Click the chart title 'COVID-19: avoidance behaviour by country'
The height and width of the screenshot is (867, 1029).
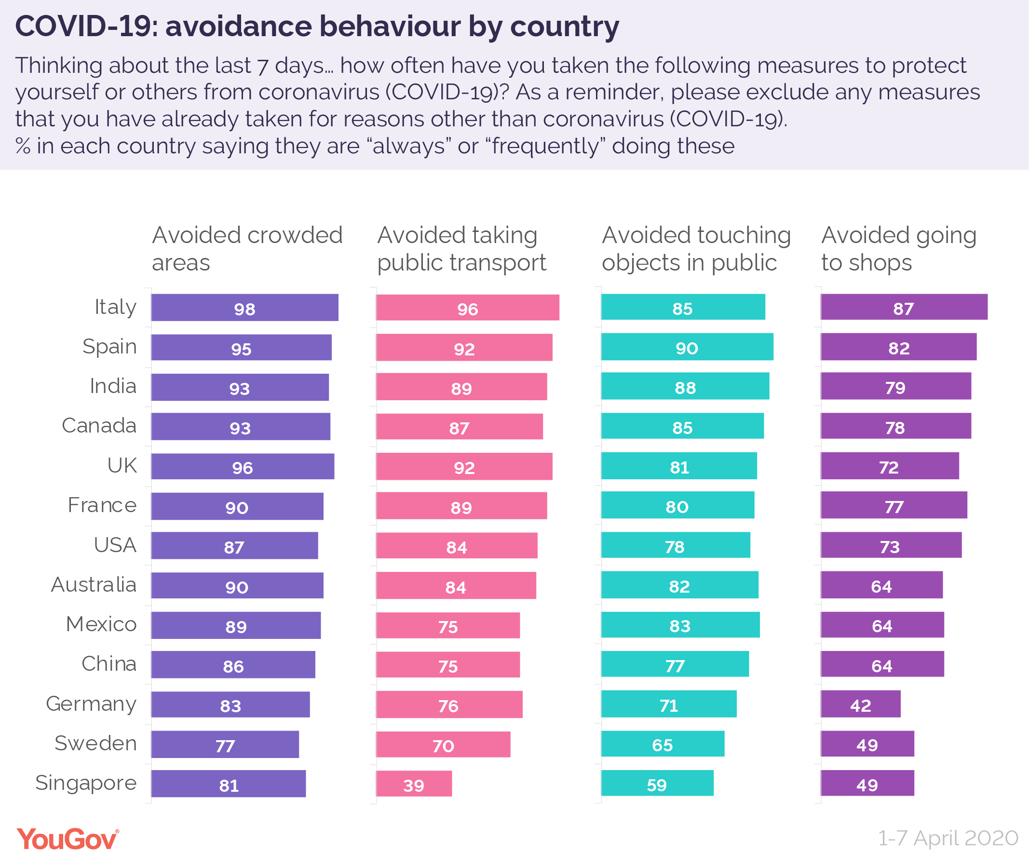click(x=317, y=26)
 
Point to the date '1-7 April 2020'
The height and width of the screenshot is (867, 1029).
click(x=948, y=838)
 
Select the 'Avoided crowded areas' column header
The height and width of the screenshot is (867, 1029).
click(x=247, y=249)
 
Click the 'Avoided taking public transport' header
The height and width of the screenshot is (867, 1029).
click(x=461, y=249)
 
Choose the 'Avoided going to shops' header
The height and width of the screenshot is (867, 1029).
click(x=899, y=249)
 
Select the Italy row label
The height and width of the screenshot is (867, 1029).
click(x=115, y=307)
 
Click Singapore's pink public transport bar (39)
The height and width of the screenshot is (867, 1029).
click(x=414, y=784)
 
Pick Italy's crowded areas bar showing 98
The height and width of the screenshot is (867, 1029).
click(x=245, y=308)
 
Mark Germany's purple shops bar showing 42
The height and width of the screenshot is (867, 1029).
click(x=860, y=704)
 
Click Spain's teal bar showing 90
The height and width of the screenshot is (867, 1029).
click(x=687, y=347)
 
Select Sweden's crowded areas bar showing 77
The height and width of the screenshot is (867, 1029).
click(x=225, y=744)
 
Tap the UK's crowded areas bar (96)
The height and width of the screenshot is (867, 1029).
click(x=243, y=466)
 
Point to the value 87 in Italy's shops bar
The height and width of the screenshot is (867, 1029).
click(x=903, y=309)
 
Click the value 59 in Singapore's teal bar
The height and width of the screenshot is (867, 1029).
click(x=657, y=786)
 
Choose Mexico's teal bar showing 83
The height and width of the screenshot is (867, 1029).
click(x=680, y=624)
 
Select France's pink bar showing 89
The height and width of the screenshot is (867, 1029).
click(x=461, y=506)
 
